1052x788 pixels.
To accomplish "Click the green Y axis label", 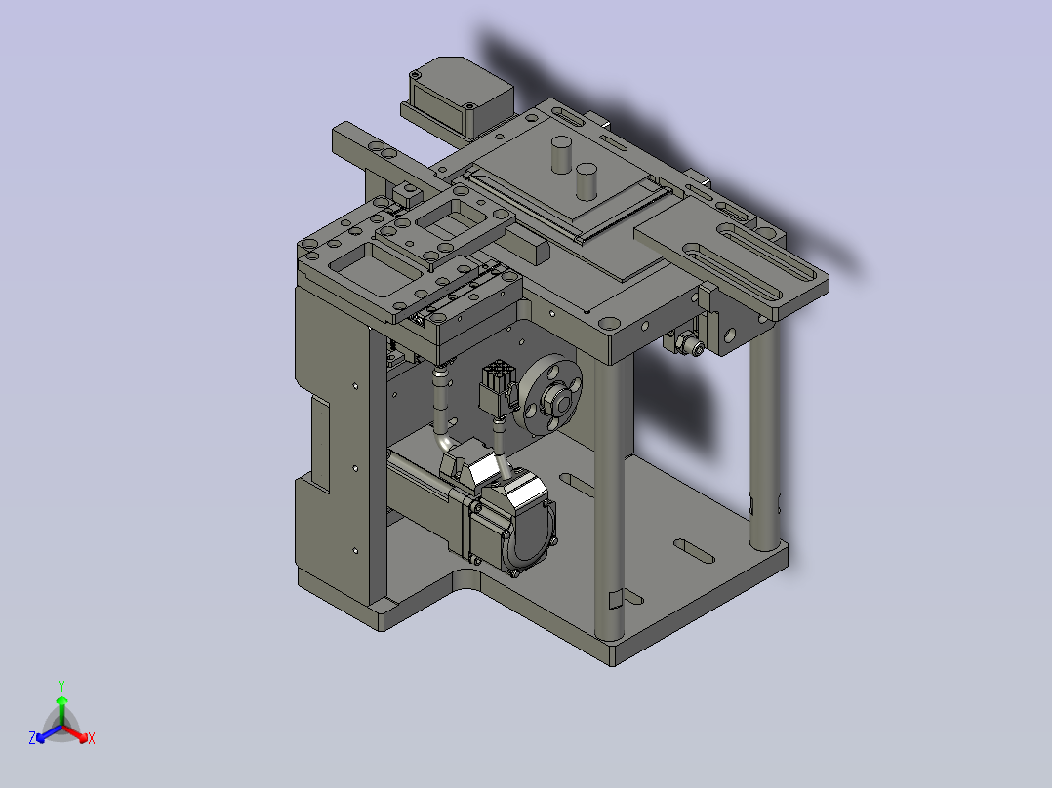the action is tap(61, 686).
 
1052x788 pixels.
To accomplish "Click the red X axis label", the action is tap(92, 738).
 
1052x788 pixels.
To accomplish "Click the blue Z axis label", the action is tap(32, 737).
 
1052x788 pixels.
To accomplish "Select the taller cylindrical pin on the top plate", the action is tap(561, 155).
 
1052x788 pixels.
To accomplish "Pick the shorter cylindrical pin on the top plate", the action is tap(587, 181).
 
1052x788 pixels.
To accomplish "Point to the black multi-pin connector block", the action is tap(497, 387).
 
